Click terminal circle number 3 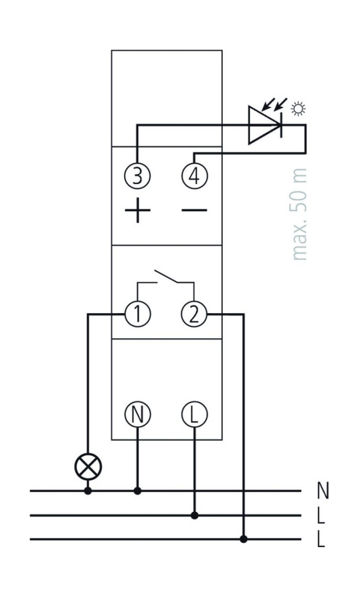pyautogui.click(x=138, y=176)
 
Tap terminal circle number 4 pyautogui.click(x=194, y=176)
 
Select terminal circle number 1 pyautogui.click(x=138, y=314)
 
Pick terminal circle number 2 pyautogui.click(x=194, y=314)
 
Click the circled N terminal pyautogui.click(x=138, y=414)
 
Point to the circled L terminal pyautogui.click(x=194, y=414)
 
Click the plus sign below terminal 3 pyautogui.click(x=138, y=210)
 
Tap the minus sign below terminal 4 pyautogui.click(x=194, y=210)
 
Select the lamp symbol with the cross pyautogui.click(x=88, y=466)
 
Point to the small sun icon pyautogui.click(x=298, y=109)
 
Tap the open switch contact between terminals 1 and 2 pyautogui.click(x=166, y=277)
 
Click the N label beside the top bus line pyautogui.click(x=323, y=490)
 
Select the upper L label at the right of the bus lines pyautogui.click(x=321, y=515)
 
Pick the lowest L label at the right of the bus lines pyautogui.click(x=321, y=539)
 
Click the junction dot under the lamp pyautogui.click(x=88, y=491)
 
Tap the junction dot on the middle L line pyautogui.click(x=194, y=516)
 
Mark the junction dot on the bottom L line pyautogui.click(x=243, y=539)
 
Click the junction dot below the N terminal pyautogui.click(x=138, y=491)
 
